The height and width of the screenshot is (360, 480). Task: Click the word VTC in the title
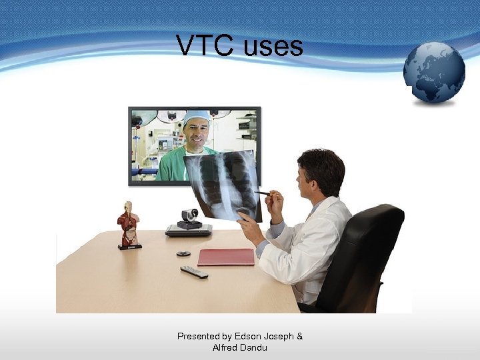pos(205,45)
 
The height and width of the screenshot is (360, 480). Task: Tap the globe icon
pos(434,73)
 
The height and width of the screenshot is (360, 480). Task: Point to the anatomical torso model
pos(128,225)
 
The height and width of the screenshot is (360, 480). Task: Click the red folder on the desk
pos(226,257)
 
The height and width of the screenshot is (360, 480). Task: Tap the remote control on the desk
pos(194,271)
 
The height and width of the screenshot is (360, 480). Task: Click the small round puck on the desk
pos(183,253)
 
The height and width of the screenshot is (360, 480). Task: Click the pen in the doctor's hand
pos(262,193)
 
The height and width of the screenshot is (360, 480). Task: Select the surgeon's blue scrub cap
pos(197,117)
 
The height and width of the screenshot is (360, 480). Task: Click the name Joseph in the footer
pos(278,336)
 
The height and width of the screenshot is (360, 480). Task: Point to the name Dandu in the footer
pos(255,347)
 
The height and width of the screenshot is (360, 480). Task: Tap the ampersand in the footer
pos(299,336)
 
